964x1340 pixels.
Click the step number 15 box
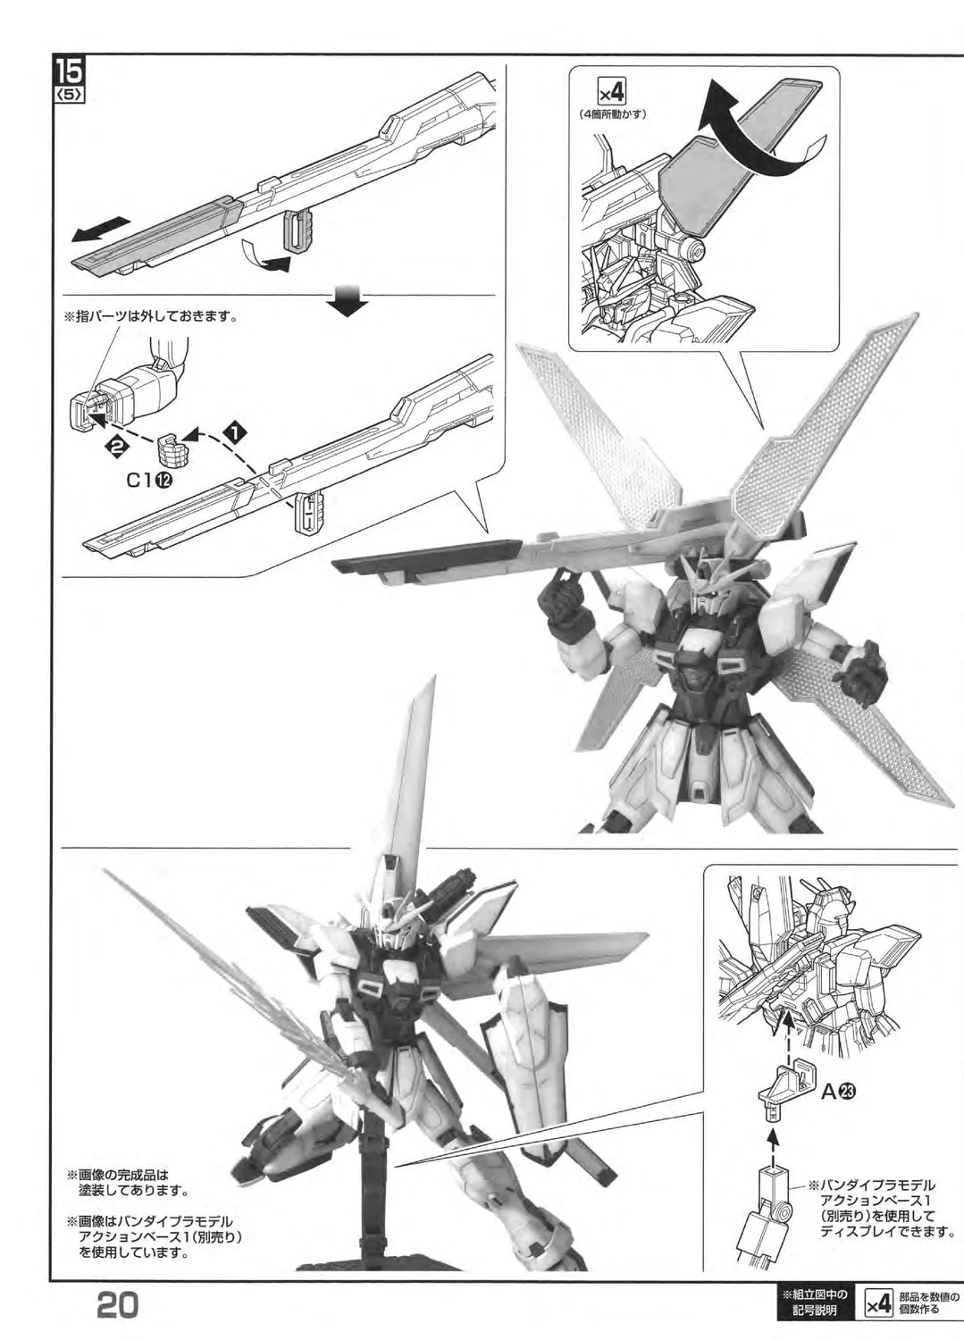71,73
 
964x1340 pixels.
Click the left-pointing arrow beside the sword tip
99,230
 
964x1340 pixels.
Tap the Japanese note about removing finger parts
151,316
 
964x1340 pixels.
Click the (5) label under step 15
71,96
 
